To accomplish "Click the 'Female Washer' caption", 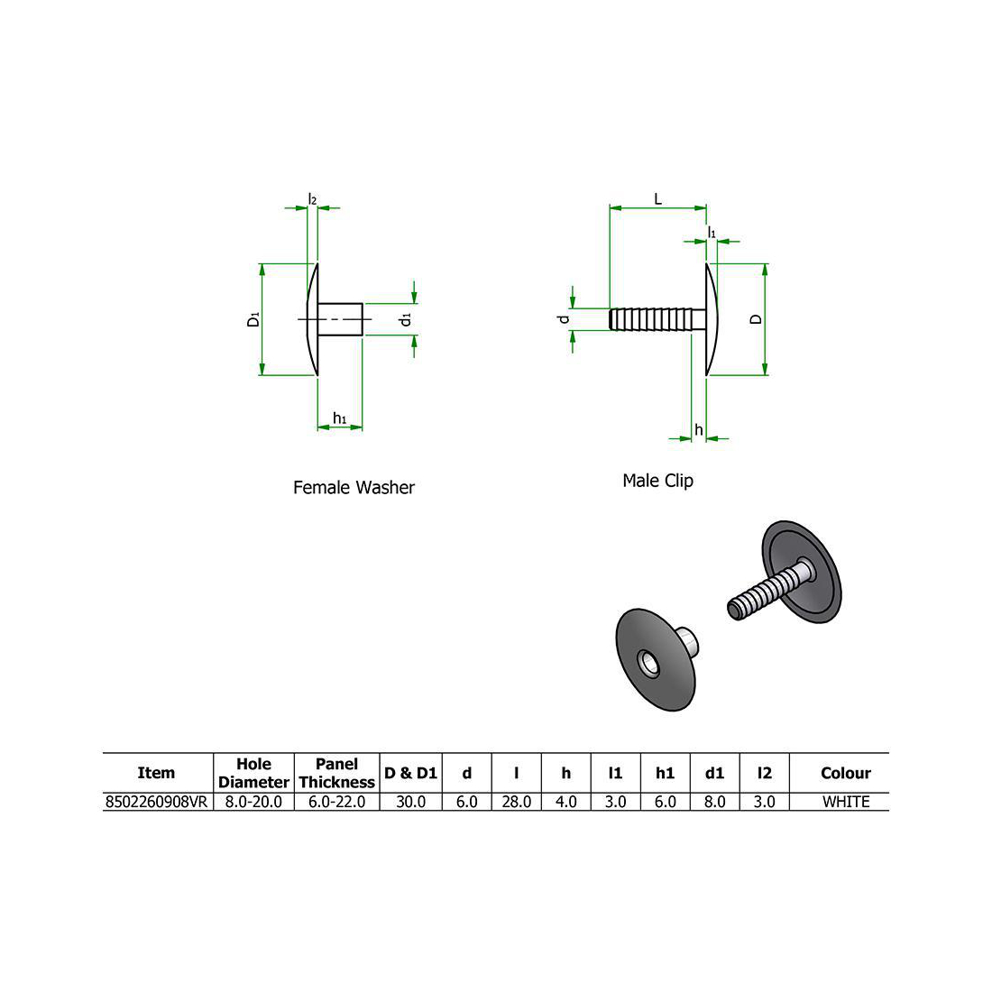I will [x=354, y=488].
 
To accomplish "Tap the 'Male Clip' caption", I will [x=657, y=481].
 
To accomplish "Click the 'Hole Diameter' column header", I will [x=253, y=773].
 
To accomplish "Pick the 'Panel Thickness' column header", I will [x=336, y=773].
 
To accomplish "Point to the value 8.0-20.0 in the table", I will [x=253, y=802].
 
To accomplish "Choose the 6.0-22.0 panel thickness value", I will [x=336, y=802].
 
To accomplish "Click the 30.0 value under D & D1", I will [x=410, y=802].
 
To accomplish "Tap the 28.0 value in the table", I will [x=516, y=802].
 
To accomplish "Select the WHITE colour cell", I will [x=845, y=802].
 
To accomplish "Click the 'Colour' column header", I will [x=845, y=773].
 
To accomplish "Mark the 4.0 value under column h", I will [x=565, y=802].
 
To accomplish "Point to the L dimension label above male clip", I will [x=657, y=198].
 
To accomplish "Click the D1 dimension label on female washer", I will [x=253, y=319].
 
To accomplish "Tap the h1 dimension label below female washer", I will [x=340, y=418].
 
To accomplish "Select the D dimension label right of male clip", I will [x=757, y=319].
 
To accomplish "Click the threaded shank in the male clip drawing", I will [x=656, y=319].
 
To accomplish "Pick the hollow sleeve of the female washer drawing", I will [x=343, y=318].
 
